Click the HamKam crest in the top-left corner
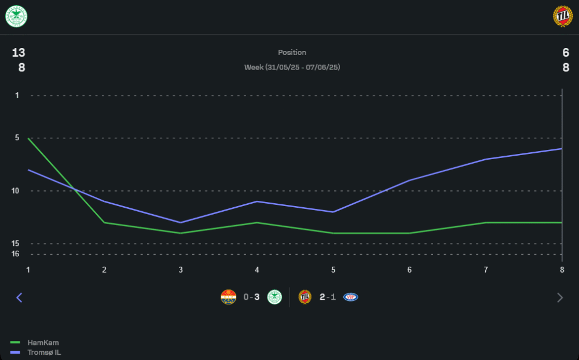click(x=16, y=17)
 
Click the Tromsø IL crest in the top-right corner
click(x=562, y=17)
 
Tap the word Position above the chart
click(x=292, y=53)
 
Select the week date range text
click(x=292, y=67)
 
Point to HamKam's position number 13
click(x=19, y=53)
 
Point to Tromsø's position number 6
click(x=566, y=53)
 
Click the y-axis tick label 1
click(x=17, y=95)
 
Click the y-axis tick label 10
click(x=15, y=191)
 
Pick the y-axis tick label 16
click(x=15, y=254)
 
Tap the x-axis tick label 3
click(x=181, y=270)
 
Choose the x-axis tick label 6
click(x=409, y=270)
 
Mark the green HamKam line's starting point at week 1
click(x=28, y=138)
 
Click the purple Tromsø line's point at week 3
click(x=181, y=222)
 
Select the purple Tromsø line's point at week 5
click(x=333, y=212)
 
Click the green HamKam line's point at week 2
click(x=104, y=222)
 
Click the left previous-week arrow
click(x=19, y=297)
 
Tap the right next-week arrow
click(x=559, y=297)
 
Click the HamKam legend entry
click(x=43, y=343)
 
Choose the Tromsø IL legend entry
click(x=44, y=352)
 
